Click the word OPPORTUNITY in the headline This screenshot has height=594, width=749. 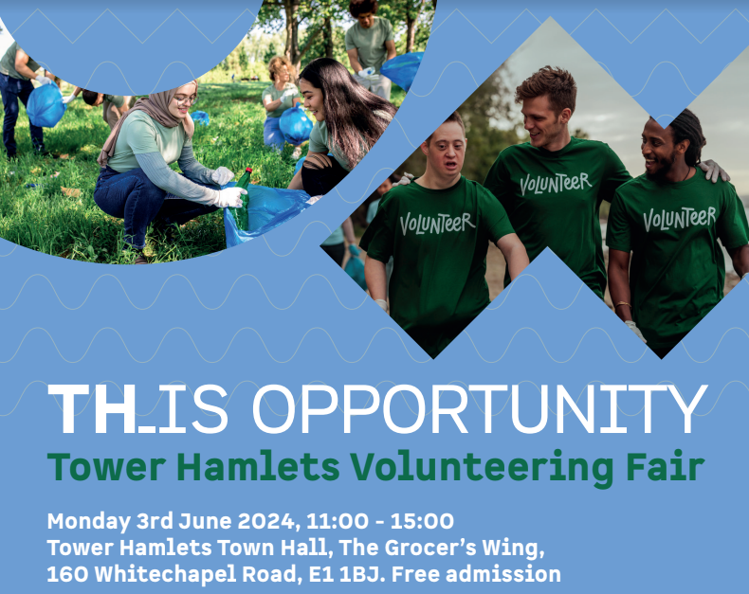click(x=480, y=408)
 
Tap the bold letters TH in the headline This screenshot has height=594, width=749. click(x=92, y=408)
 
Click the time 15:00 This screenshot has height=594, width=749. click(x=422, y=521)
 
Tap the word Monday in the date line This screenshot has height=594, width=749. click(x=88, y=522)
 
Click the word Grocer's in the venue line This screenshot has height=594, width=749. click(x=430, y=549)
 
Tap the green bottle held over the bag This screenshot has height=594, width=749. click(x=242, y=196)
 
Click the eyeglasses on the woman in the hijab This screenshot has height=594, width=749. click(x=186, y=99)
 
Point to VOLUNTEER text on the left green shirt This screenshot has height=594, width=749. click(x=436, y=223)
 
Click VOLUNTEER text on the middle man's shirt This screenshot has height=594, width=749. click(x=556, y=184)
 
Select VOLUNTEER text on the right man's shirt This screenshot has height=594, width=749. click(x=679, y=219)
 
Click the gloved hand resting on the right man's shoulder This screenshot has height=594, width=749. click(x=715, y=171)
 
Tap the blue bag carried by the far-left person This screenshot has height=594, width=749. click(x=46, y=105)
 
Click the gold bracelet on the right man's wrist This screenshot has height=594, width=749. click(x=623, y=304)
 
